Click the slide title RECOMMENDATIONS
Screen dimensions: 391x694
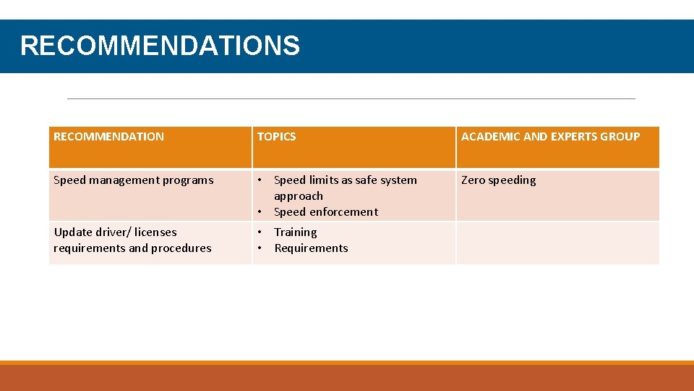(160, 46)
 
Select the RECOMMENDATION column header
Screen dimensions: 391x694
(108, 136)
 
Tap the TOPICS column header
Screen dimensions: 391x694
(276, 136)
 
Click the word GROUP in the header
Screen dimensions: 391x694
(620, 136)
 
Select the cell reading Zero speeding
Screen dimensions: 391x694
(499, 180)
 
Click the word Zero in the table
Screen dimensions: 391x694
(474, 180)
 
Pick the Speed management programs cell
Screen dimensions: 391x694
(134, 180)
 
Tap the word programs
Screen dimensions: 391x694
(189, 180)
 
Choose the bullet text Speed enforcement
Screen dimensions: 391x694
(325, 212)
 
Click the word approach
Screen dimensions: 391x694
(298, 196)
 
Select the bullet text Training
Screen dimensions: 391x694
(295, 232)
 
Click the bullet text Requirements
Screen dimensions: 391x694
(311, 248)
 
